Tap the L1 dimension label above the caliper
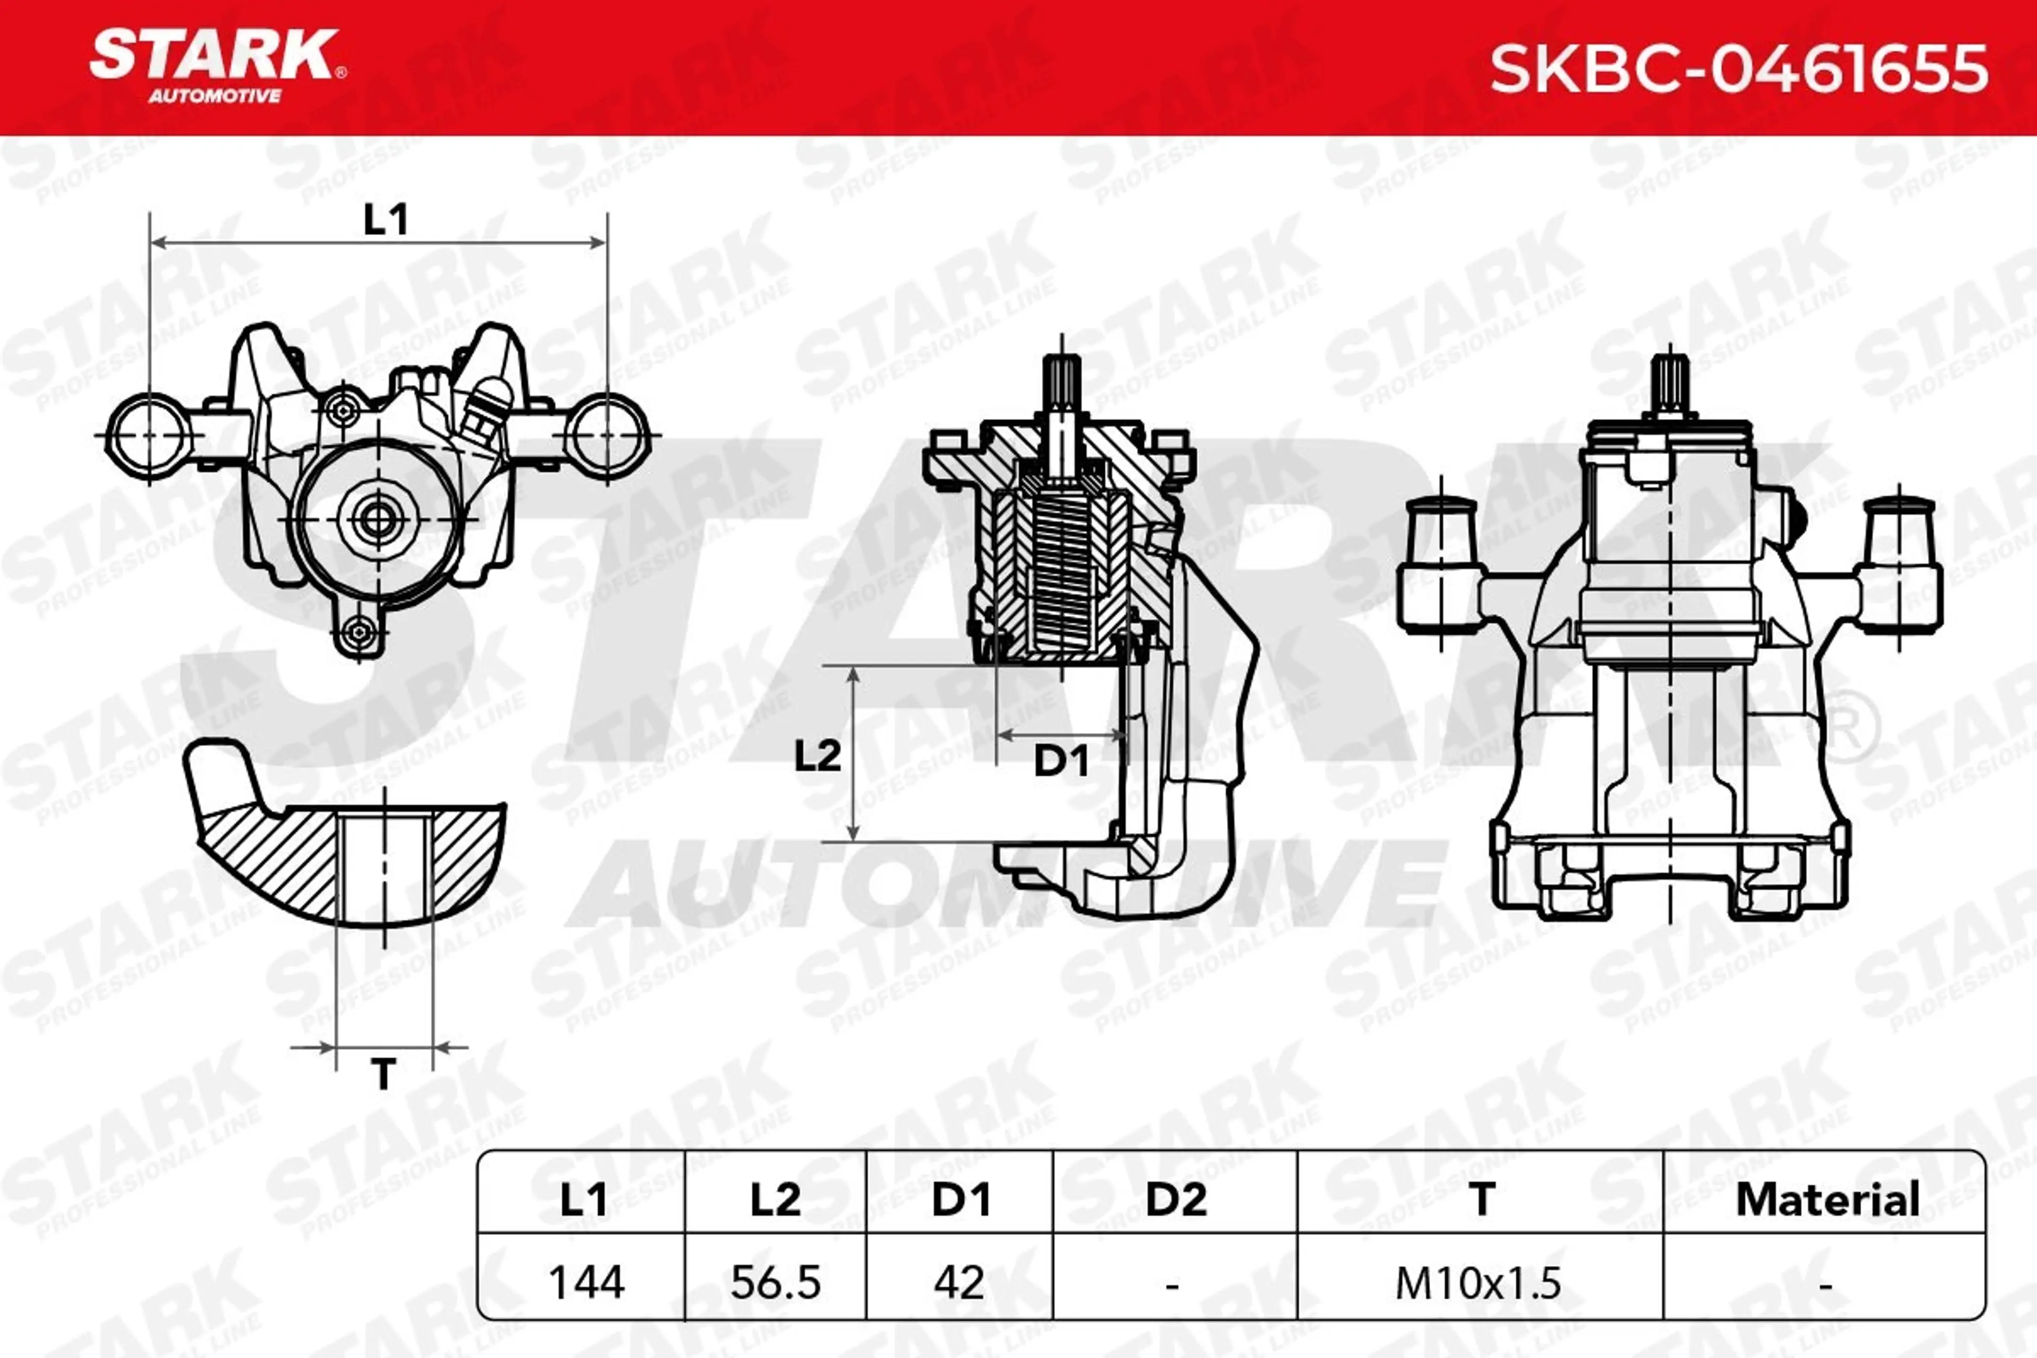pyautogui.click(x=386, y=220)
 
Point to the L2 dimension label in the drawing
pyautogui.click(x=817, y=756)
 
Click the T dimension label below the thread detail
pyautogui.click(x=383, y=1074)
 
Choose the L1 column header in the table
pyautogui.click(x=583, y=1199)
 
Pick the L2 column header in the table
pyautogui.click(x=775, y=1199)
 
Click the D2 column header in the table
pyautogui.click(x=1176, y=1199)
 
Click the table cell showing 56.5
pyautogui.click(x=775, y=1282)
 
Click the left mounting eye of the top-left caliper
pyautogui.click(x=149, y=435)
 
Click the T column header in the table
pyautogui.click(x=1481, y=1199)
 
